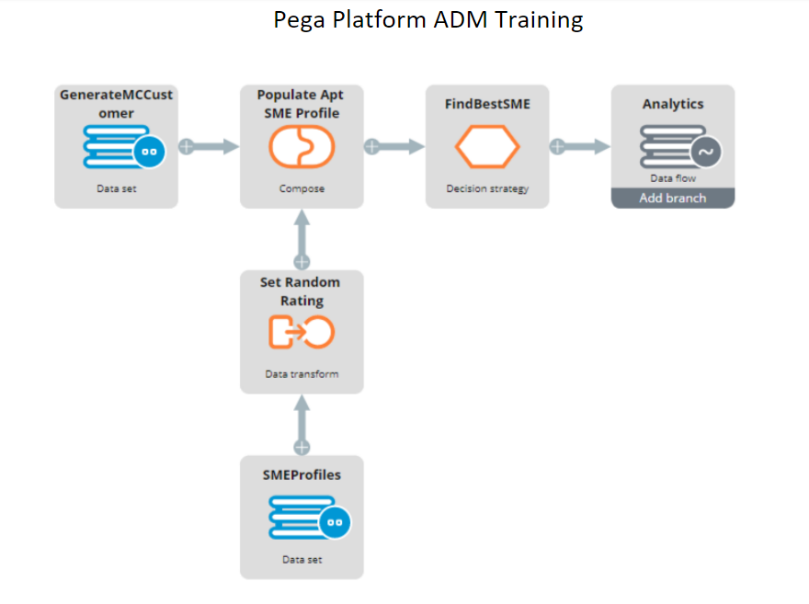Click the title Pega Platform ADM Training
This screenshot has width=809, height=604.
click(428, 20)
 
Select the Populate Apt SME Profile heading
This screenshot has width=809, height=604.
click(302, 104)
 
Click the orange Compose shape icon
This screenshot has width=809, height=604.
click(302, 147)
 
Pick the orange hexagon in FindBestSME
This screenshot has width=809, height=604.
click(487, 147)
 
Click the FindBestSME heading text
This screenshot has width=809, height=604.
click(487, 104)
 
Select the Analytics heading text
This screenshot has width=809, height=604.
click(673, 104)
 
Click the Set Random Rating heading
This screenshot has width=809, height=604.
click(302, 291)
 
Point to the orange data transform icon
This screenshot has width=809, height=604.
click(302, 332)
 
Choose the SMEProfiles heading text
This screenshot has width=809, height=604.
click(302, 474)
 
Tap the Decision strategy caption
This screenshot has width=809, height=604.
click(487, 188)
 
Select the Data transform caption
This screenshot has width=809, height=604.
click(302, 374)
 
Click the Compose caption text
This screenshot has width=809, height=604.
click(302, 188)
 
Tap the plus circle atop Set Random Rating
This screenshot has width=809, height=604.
click(302, 261)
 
